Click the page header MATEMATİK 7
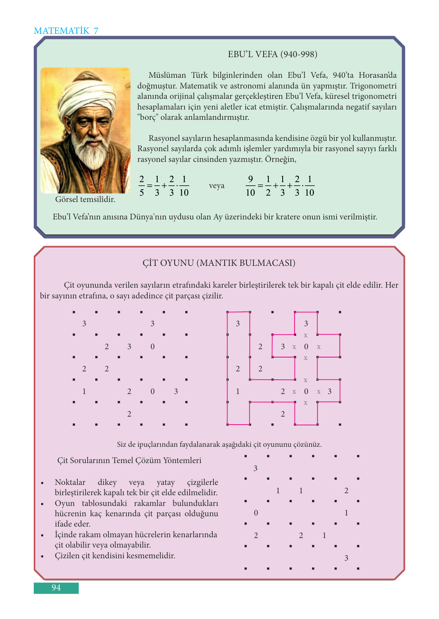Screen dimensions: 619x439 point(66,31)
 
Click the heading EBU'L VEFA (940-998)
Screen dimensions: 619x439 point(272,54)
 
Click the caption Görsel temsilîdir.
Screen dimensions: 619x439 point(85,200)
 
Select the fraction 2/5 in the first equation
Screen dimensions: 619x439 point(142,186)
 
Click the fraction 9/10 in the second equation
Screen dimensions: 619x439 point(250,186)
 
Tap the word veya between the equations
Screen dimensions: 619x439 point(217,186)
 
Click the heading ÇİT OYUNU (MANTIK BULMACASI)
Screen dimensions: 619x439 point(219,263)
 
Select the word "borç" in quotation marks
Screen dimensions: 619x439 point(148,117)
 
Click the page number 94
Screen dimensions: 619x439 point(56,588)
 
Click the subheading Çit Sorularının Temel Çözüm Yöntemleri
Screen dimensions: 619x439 point(129,461)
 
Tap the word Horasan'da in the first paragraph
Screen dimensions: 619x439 point(377,75)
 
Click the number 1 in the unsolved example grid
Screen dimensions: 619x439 point(84,392)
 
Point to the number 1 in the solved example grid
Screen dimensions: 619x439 point(238,392)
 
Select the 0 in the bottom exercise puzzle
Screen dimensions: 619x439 point(256,513)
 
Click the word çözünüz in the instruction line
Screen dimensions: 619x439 point(307,445)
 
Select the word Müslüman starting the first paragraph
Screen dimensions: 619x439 point(167,75)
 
